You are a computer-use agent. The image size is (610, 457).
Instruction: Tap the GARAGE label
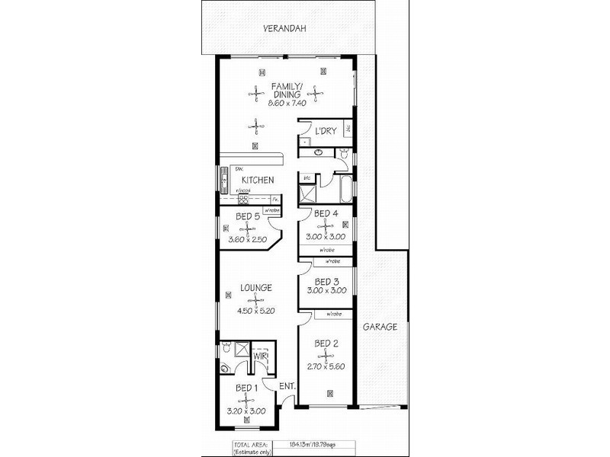[380, 327]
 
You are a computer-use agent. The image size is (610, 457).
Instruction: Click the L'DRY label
[326, 132]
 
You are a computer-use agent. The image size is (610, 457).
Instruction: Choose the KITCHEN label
[258, 181]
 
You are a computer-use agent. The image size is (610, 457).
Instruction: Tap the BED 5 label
[248, 216]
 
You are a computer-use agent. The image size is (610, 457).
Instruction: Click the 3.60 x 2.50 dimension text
[248, 241]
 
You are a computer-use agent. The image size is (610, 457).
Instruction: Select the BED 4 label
[326, 213]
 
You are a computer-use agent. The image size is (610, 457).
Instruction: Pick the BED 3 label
[326, 280]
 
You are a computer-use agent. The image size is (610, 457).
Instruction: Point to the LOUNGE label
[256, 288]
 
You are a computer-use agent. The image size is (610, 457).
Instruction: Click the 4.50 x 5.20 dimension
[256, 311]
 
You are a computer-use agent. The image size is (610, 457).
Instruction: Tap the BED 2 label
[326, 344]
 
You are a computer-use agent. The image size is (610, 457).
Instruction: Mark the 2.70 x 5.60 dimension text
[326, 367]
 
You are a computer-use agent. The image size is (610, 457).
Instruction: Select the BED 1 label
[246, 388]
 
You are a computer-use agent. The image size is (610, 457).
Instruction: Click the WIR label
[260, 355]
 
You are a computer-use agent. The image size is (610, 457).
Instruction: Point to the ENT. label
[287, 386]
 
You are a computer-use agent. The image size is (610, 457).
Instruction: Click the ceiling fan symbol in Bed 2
[326, 355]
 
